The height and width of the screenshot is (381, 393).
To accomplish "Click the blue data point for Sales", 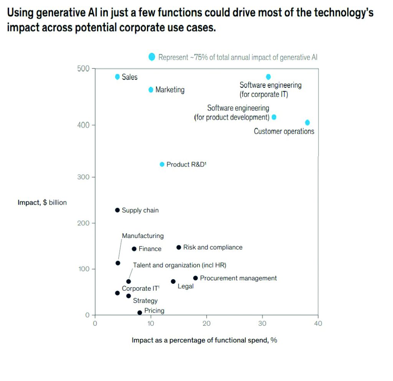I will [117, 77].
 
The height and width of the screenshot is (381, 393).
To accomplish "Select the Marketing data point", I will [151, 90].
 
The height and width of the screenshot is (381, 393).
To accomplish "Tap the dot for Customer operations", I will [307, 123].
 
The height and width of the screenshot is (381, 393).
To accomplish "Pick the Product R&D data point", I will [162, 164].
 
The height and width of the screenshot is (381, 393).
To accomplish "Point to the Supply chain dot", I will [117, 210].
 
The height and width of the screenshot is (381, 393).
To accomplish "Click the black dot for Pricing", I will [140, 313].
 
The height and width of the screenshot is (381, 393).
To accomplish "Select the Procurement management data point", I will [195, 278].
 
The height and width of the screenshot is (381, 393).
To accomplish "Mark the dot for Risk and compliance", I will [178, 247].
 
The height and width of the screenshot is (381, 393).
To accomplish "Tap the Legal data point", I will [173, 281].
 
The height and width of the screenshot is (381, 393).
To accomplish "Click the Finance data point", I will [134, 249].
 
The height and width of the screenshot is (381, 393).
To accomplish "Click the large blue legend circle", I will [152, 57].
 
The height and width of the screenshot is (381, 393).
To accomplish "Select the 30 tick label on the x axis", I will [262, 324].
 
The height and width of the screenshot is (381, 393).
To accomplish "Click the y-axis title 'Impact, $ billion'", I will [42, 203].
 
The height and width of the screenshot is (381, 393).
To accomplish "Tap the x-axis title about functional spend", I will [204, 340].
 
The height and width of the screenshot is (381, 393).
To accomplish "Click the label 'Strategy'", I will [145, 301].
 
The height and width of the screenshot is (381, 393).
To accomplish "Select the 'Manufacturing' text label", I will [143, 236].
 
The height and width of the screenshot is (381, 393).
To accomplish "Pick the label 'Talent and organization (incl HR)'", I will [180, 265].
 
